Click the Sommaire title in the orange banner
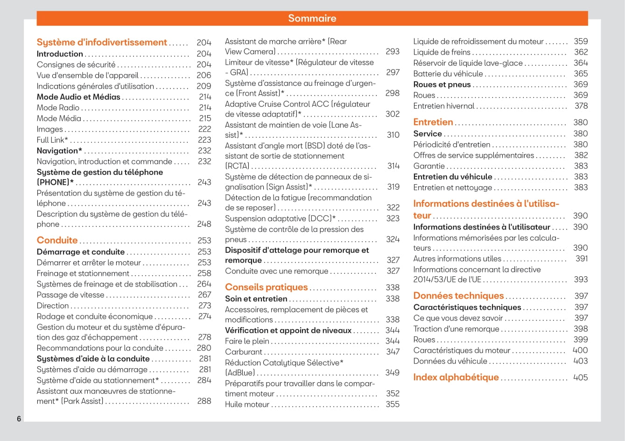coord(312,18)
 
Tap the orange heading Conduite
coord(57,240)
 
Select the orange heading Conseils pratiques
coord(266,287)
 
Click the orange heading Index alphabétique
coord(456,377)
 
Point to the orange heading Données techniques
coord(458,295)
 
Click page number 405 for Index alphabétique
coord(580,378)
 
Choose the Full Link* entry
coord(52,140)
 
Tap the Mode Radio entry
coord(58,108)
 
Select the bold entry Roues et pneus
coord(442,84)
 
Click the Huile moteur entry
coord(247,405)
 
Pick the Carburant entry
coord(244,352)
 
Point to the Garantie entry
coord(429,166)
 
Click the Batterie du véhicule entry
coord(448,74)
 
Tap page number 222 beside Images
coord(204,129)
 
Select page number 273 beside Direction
coord(204,306)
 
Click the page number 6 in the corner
coord(19,419)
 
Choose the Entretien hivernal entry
coord(443,106)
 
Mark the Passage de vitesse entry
coord(70,295)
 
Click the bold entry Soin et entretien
coord(256,299)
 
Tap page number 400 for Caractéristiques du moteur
coord(580,350)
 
